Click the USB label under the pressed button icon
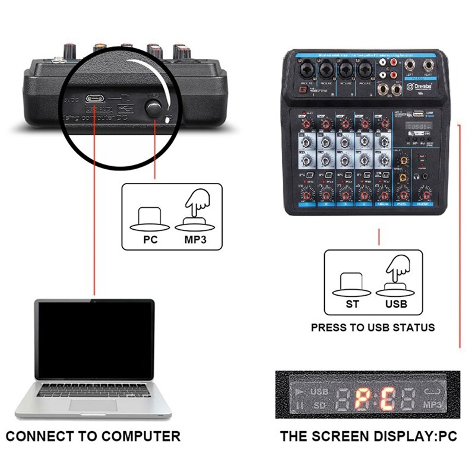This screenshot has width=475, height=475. tap(396, 304)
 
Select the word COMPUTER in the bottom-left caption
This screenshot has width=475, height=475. tap(140, 436)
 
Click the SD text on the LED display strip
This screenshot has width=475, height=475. tap(319, 405)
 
